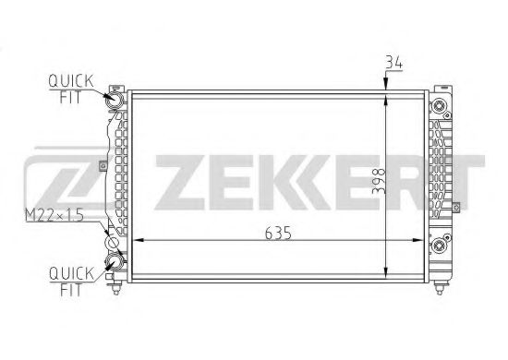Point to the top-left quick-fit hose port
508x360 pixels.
116,99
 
